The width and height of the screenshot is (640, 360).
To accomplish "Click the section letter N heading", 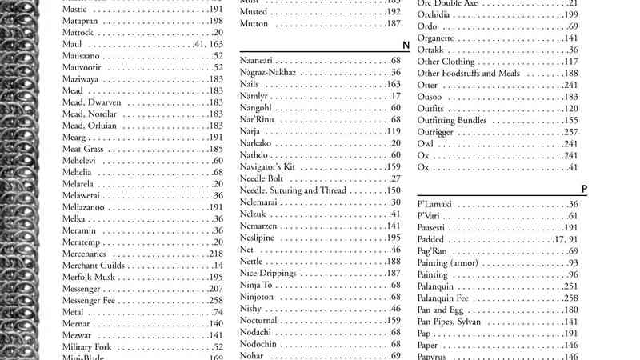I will [x=406, y=46].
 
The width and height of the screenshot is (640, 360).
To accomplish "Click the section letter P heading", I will [x=584, y=190].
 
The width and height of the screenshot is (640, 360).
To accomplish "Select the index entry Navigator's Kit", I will [x=268, y=166].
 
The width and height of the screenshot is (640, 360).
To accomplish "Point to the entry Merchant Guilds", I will [x=93, y=265].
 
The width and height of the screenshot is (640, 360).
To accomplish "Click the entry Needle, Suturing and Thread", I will [x=293, y=190].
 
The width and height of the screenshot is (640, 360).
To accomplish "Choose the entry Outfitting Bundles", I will [x=452, y=120].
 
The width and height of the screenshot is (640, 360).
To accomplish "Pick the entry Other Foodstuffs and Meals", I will [x=468, y=73].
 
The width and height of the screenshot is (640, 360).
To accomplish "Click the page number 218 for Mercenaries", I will [x=215, y=254].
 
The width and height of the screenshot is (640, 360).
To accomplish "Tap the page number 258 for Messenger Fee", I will [x=215, y=300].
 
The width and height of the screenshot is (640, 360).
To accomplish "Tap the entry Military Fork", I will [x=86, y=346].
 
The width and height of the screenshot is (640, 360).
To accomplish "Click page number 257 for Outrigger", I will [x=570, y=132].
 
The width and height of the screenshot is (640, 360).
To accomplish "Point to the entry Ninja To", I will [x=257, y=285].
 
